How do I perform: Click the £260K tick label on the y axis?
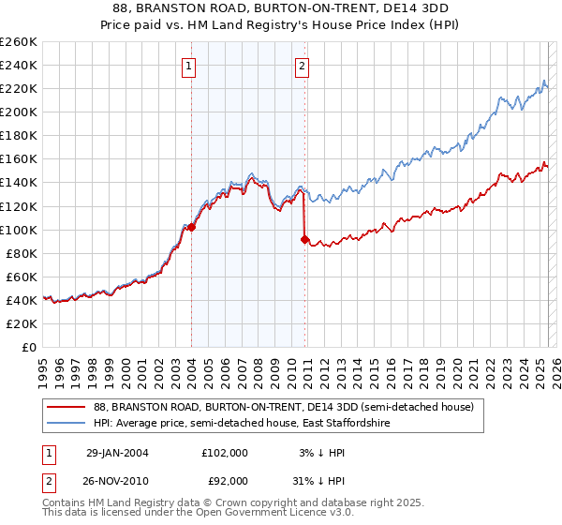click(x=19, y=42)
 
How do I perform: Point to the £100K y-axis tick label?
click(x=19, y=230)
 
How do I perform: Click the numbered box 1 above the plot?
click(x=190, y=66)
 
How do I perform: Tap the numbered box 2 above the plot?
click(x=303, y=66)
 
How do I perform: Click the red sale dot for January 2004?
click(x=191, y=227)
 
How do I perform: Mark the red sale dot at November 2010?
click(x=304, y=239)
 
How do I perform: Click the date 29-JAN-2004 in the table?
click(x=117, y=452)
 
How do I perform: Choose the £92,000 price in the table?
click(x=225, y=481)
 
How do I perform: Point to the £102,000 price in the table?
click(x=225, y=452)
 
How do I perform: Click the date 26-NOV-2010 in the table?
click(x=117, y=481)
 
